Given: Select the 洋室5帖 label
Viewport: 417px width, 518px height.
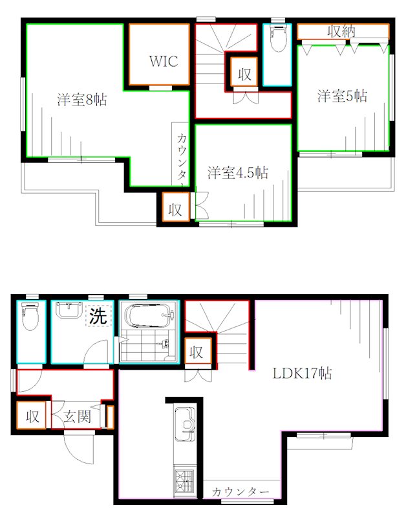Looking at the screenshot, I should [342, 96].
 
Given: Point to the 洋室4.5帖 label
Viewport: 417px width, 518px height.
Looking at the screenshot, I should [237, 173].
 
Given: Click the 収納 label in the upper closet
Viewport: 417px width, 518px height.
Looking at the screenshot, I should [342, 31].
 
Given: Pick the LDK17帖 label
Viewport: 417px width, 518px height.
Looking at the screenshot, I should [302, 374].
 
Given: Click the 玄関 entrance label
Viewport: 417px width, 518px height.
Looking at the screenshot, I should [76, 418].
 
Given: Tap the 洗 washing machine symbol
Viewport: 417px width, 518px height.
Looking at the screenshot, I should [98, 317].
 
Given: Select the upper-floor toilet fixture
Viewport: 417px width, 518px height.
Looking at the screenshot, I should [279, 41].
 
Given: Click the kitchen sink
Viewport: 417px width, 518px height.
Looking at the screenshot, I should [186, 423].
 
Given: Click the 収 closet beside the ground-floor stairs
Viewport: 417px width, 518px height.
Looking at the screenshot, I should [197, 353].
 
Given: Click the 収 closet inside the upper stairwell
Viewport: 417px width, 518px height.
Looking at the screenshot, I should [244, 73].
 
